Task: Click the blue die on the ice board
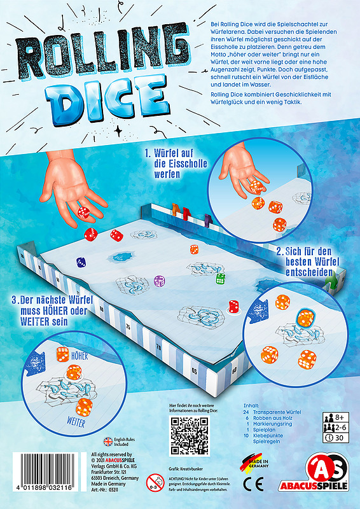81,261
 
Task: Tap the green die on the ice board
220,278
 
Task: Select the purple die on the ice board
159,280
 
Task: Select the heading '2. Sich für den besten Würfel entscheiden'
307,261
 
